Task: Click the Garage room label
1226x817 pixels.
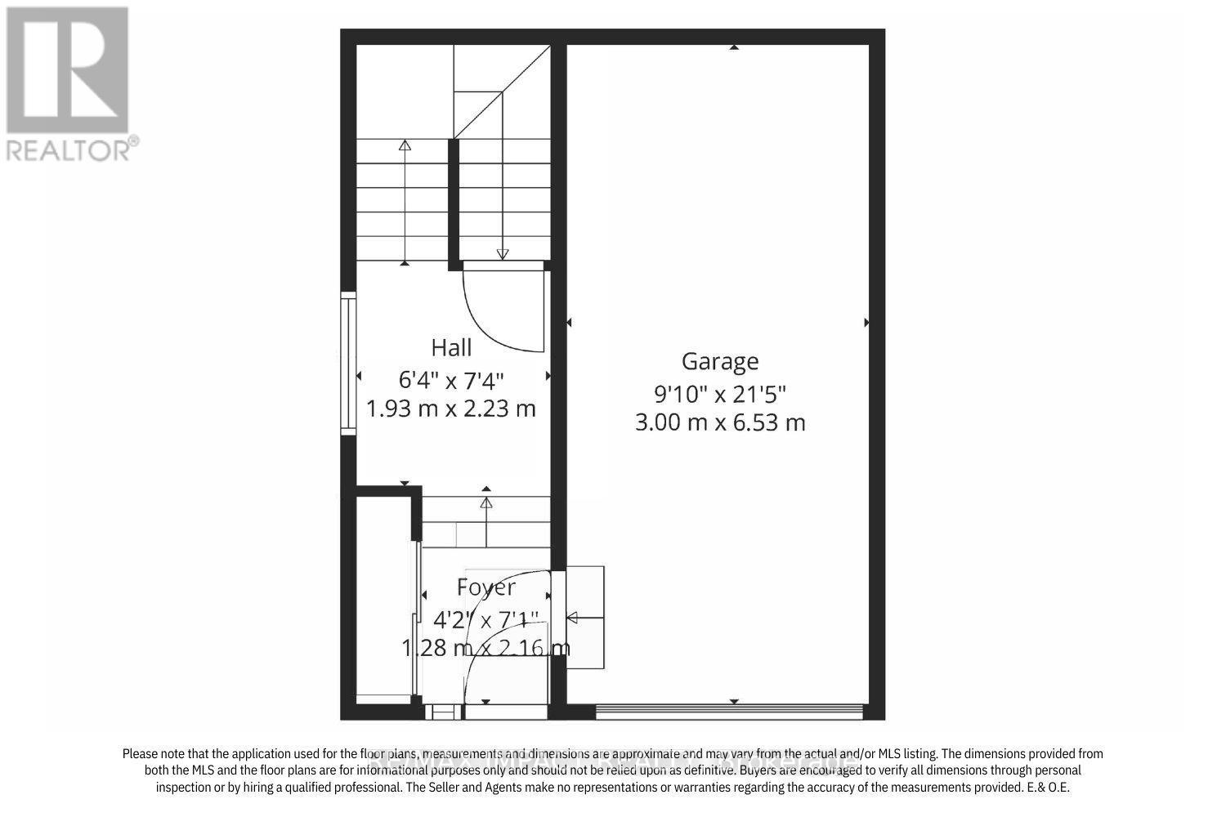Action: coord(720,361)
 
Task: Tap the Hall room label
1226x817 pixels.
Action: coord(451,348)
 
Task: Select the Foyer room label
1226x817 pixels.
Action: coord(486,587)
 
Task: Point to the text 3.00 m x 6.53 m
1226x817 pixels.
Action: coord(720,422)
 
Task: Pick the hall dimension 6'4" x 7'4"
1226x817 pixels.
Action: coord(451,380)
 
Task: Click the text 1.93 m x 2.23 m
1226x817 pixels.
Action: coord(451,408)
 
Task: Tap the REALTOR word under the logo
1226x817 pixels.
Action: coord(72,149)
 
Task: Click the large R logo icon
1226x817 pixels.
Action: coord(68,69)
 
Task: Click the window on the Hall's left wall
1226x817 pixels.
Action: coord(348,363)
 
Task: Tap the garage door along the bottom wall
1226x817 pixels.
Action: coord(728,711)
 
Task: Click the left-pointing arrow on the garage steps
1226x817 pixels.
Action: coord(573,617)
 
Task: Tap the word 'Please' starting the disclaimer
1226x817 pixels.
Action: coord(141,754)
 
